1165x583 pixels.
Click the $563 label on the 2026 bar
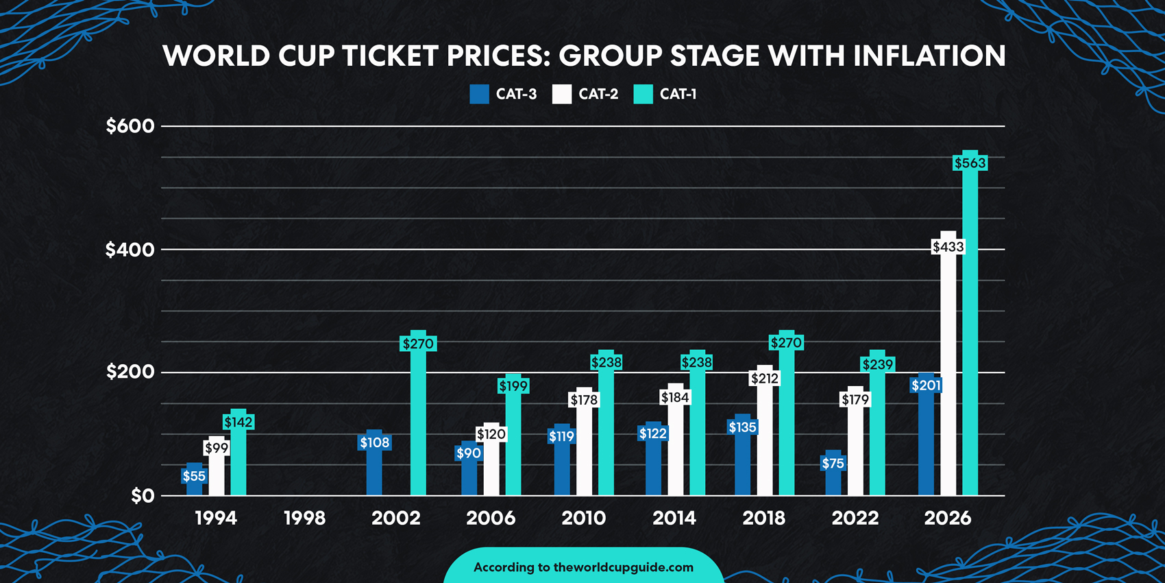[x=970, y=163]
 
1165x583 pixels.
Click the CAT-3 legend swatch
[x=479, y=95]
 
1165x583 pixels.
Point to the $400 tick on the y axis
[x=130, y=250]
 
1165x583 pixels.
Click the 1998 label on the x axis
[x=304, y=518]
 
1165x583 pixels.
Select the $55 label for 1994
[x=194, y=476]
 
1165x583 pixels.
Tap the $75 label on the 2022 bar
[x=833, y=464]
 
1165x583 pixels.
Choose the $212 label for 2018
[x=764, y=379]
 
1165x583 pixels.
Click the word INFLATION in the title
[x=929, y=56]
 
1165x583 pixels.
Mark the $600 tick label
[x=130, y=126]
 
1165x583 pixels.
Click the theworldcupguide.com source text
[x=623, y=567]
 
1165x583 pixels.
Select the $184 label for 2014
[x=675, y=398]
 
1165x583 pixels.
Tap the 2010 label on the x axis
[x=583, y=518]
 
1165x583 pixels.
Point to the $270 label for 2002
[x=418, y=344]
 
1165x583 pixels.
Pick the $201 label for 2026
[x=926, y=385]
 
